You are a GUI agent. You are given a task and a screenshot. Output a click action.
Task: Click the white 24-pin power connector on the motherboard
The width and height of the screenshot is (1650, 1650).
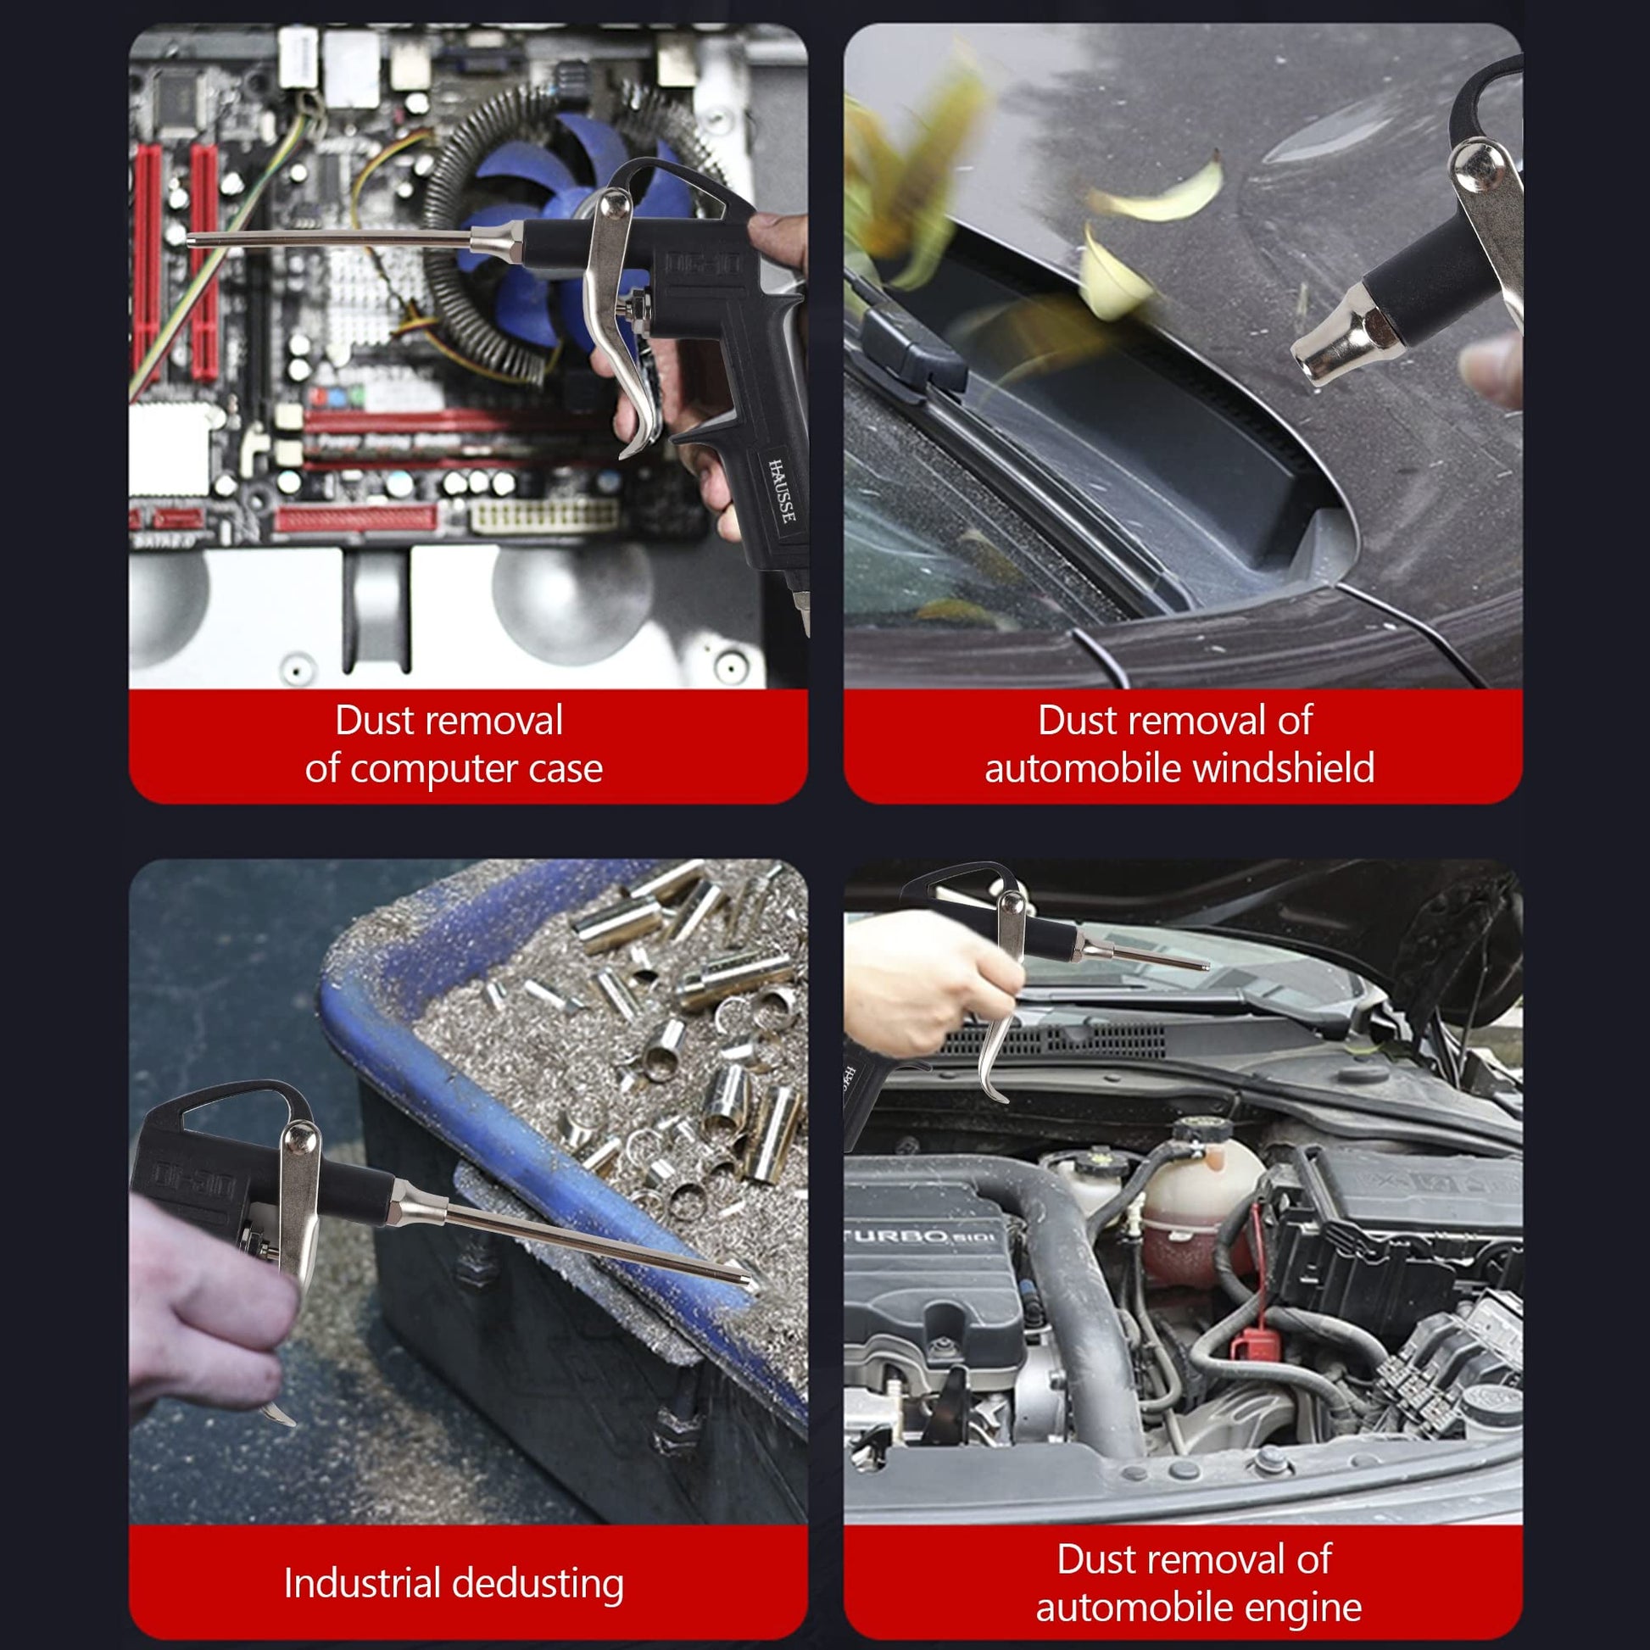point(544,515)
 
